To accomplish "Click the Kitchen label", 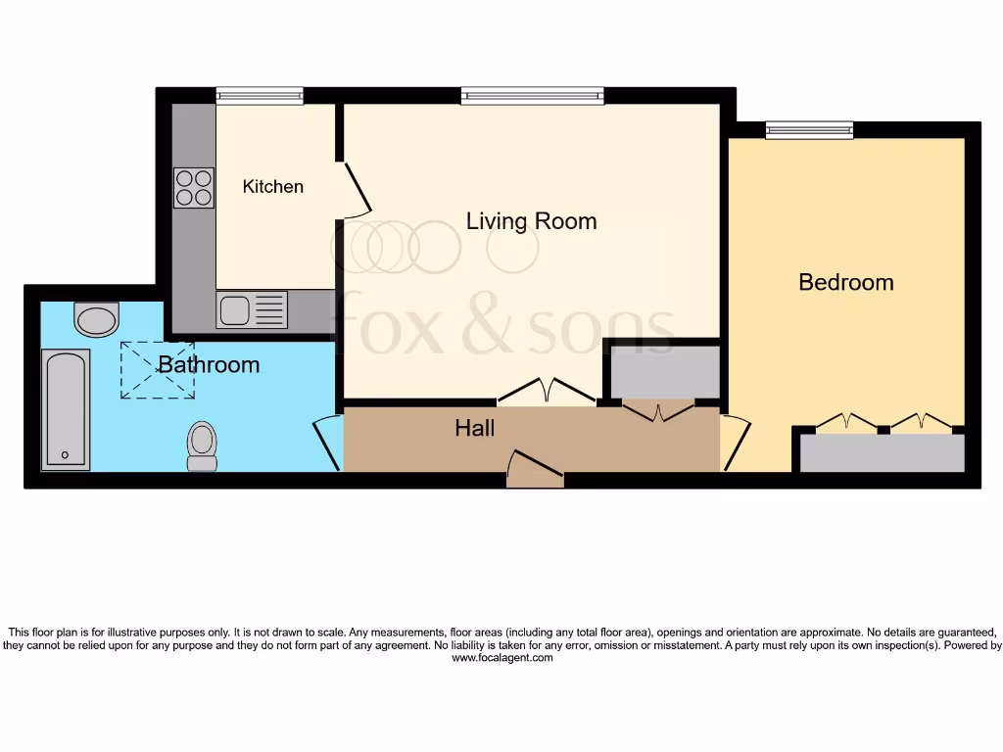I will coord(273,186).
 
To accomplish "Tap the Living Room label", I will coord(531,221).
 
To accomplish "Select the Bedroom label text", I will coord(846,282).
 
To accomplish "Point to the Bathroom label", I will coord(209,364).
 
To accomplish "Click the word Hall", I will coord(474,428).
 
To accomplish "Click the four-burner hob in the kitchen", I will coord(194,188).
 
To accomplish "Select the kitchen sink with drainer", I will coord(253,310).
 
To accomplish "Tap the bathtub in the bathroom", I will coord(67,409).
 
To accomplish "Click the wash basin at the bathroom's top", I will coord(96,318).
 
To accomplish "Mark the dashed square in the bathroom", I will coord(157,369).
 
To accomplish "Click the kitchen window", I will coord(260,96).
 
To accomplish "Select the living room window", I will coord(532,96).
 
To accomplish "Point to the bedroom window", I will coord(809,129).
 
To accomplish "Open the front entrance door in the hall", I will coord(535,468).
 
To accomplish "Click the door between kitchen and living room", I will coord(355,188).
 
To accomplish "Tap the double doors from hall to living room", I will coord(547,392).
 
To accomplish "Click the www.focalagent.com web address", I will coord(501,658).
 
